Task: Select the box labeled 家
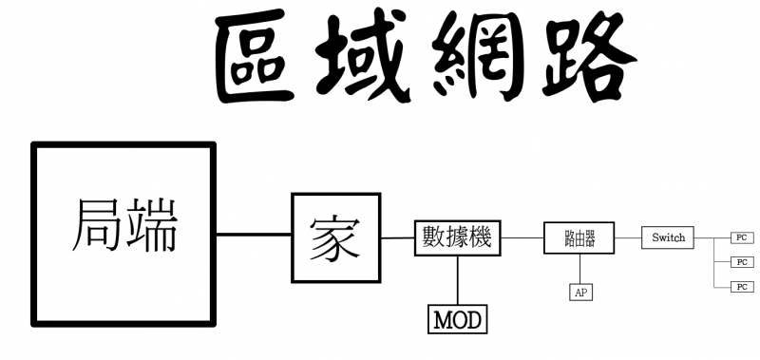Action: (335, 237)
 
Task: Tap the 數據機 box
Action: (458, 237)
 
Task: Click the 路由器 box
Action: (579, 237)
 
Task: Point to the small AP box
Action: (579, 293)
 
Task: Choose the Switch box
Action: (668, 237)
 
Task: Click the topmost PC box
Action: (741, 237)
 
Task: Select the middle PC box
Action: (741, 261)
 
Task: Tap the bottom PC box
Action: (741, 286)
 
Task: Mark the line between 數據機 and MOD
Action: (458, 278)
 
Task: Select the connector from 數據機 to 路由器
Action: (522, 237)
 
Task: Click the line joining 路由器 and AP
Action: (579, 269)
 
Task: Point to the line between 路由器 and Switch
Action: (628, 237)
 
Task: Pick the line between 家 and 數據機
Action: (397, 237)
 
